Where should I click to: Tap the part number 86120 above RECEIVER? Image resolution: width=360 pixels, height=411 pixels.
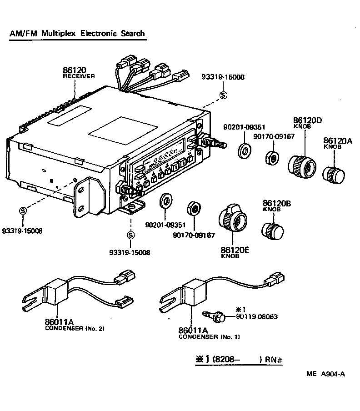click(x=74, y=70)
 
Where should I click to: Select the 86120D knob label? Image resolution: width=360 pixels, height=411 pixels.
click(x=307, y=120)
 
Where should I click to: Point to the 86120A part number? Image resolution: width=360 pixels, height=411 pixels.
click(x=337, y=141)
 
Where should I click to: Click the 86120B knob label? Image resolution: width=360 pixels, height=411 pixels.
click(x=277, y=203)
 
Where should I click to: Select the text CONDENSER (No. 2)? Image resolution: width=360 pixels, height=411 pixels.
click(x=75, y=328)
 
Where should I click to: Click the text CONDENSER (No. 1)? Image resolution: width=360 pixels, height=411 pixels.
click(x=209, y=337)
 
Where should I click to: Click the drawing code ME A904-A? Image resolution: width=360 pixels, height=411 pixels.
click(x=325, y=374)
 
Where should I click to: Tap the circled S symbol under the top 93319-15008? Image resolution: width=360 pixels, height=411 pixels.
click(x=223, y=95)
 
